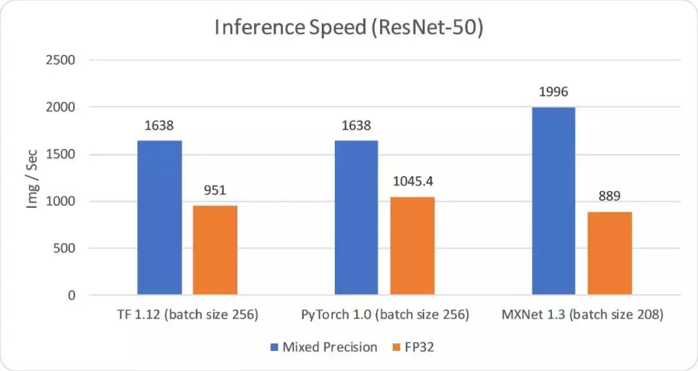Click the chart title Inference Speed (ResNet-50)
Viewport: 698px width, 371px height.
point(348,29)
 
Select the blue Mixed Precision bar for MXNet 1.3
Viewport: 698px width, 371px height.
point(553,201)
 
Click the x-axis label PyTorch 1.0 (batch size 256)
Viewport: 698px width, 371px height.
point(385,316)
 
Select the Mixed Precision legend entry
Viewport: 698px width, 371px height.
point(323,347)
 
